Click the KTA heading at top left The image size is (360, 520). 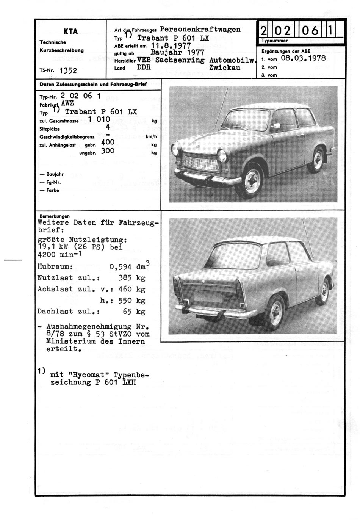click(70, 31)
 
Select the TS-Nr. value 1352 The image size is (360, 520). click(68, 70)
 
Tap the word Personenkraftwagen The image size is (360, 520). click(200, 29)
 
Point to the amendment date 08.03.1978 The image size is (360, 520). click(303, 59)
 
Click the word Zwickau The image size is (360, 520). click(225, 67)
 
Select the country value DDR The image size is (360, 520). click(144, 67)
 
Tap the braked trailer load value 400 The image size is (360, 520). click(108, 143)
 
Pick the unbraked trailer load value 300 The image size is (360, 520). click(108, 151)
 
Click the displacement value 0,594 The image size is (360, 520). click(120, 267)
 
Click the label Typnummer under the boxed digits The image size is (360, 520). click(275, 41)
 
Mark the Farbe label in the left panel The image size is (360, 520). click(53, 190)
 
